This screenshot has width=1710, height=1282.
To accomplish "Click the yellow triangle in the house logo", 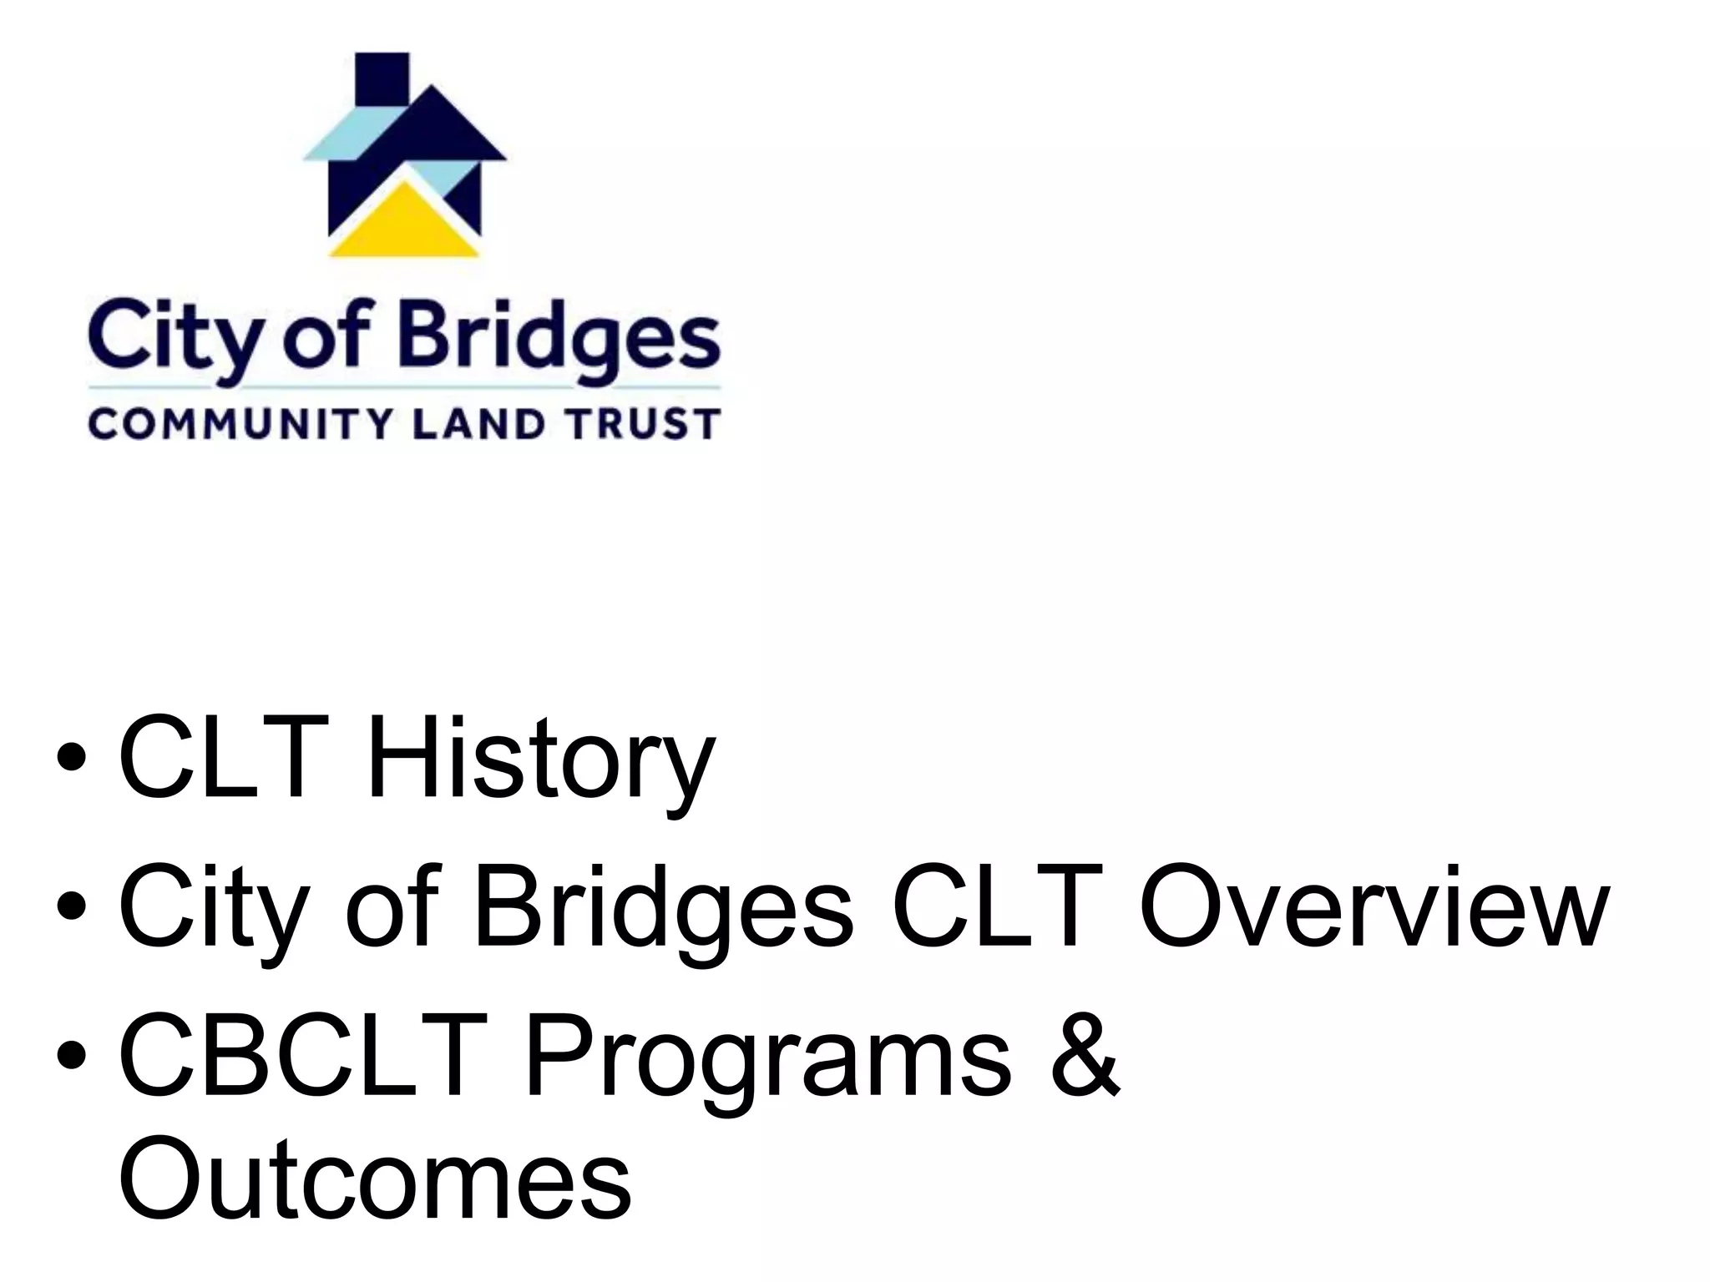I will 404,225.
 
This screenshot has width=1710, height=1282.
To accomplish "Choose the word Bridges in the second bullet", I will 663,910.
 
